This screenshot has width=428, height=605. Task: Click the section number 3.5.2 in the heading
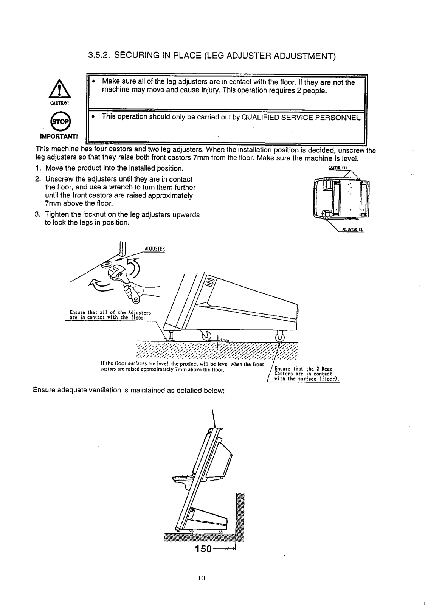[x=99, y=57]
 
